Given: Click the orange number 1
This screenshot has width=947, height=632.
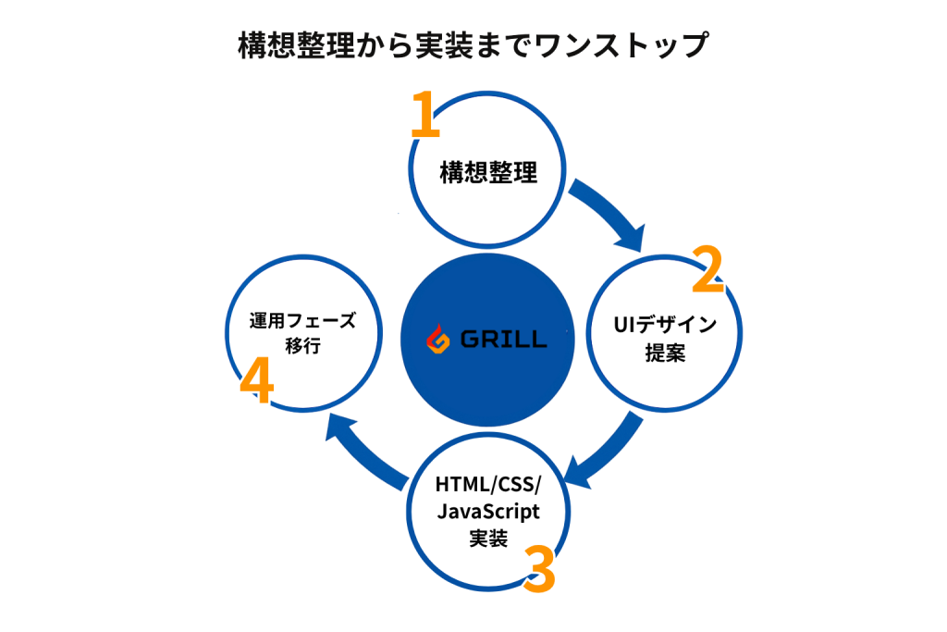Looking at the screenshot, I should [424, 116].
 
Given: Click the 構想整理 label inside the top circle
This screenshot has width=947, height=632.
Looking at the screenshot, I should [488, 173].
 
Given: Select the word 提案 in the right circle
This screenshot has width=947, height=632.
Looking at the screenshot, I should [665, 353].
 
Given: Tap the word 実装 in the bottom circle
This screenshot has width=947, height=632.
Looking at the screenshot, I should [488, 538].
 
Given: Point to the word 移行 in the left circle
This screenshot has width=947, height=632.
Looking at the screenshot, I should [303, 350].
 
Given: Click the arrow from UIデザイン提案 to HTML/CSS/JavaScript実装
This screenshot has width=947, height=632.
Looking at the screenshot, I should [606, 455].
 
